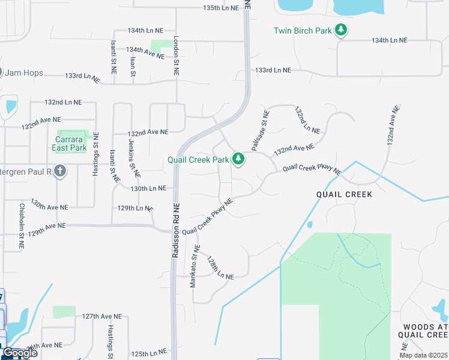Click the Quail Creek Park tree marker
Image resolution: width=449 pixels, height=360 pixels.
(x=239, y=159)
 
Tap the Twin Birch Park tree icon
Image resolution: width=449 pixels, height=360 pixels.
(x=341, y=30)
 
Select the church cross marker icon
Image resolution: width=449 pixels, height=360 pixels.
(x=59, y=172)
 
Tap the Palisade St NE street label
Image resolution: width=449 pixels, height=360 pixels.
(x=260, y=130)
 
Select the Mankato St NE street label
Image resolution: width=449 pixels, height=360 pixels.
(x=194, y=266)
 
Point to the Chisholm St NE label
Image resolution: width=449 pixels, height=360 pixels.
(x=22, y=227)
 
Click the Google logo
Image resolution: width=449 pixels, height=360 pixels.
(x=19, y=353)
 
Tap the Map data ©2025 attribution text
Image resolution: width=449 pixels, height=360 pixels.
(x=424, y=355)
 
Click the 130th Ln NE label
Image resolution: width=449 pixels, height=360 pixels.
(x=148, y=188)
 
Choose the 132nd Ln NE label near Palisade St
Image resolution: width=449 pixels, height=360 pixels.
(x=307, y=120)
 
